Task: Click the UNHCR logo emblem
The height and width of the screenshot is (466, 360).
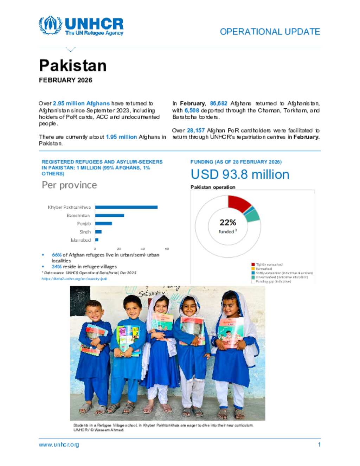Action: [50, 25]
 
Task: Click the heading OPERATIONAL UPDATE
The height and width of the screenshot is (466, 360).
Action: [270, 32]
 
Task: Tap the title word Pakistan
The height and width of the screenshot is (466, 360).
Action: [73, 66]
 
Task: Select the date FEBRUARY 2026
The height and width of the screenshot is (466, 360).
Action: [65, 80]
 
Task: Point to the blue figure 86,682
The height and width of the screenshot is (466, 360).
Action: [218, 103]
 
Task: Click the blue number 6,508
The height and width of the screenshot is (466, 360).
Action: [192, 110]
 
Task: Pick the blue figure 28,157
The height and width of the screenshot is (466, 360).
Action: [195, 130]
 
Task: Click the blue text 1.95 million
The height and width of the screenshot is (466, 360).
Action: [121, 137]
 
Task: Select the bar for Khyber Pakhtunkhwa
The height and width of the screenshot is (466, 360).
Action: [126, 207]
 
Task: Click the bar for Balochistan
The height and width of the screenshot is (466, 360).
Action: [109, 216]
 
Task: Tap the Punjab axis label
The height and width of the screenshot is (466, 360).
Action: [84, 224]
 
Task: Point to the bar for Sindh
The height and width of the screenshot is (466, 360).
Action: [98, 232]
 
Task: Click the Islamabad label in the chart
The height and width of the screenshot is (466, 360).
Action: [81, 240]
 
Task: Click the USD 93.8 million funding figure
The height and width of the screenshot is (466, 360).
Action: [240, 174]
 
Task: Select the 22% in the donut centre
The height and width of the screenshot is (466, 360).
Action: [228, 223]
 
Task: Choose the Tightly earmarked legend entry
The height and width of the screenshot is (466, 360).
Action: [269, 264]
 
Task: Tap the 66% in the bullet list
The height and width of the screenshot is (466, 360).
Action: [57, 255]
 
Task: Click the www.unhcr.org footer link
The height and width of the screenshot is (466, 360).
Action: [59, 445]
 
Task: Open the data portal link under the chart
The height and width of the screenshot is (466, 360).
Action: [74, 279]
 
